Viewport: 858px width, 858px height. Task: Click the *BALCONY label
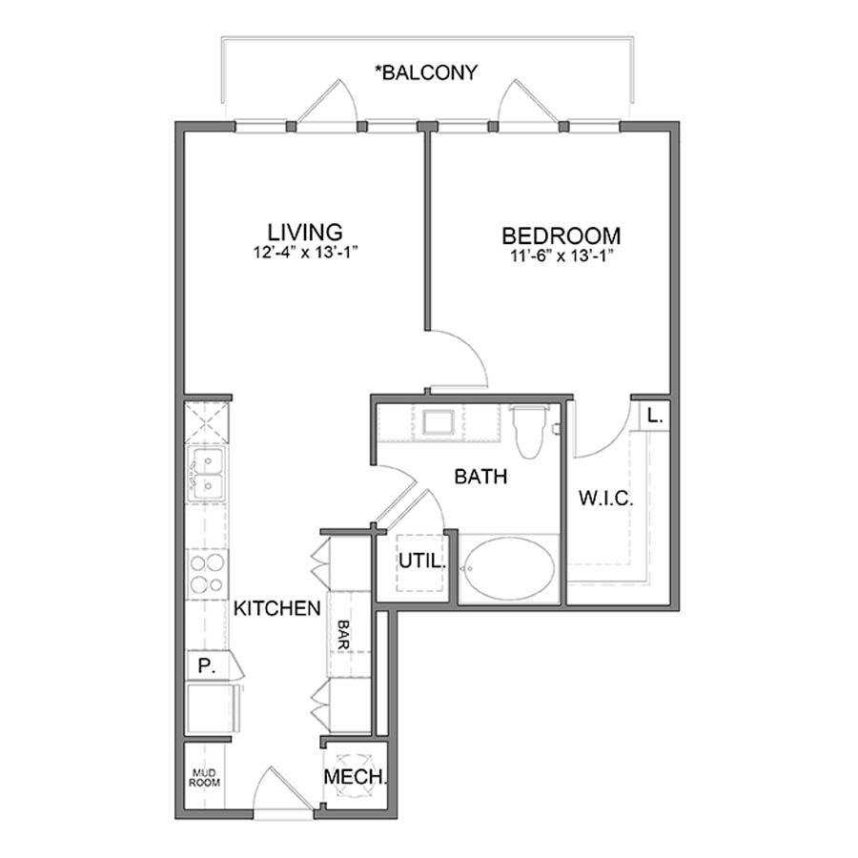point(426,71)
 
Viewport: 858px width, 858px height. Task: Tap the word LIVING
point(304,232)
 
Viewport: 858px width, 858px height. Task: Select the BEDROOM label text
point(562,235)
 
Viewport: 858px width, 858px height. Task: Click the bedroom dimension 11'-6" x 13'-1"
point(562,255)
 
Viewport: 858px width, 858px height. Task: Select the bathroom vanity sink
point(440,420)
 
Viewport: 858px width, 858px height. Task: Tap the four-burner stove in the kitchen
point(205,573)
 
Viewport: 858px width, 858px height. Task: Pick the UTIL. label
point(421,562)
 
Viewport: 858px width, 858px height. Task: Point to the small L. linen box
point(653,416)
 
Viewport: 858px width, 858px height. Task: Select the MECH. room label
point(355,777)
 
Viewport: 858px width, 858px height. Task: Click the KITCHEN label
point(276,608)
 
